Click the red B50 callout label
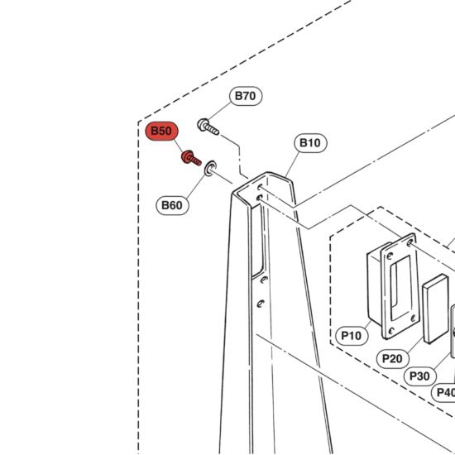(161, 131)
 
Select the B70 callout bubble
(246, 96)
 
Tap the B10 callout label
(310, 143)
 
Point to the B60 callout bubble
(172, 205)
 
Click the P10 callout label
(352, 336)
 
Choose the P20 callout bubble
(393, 359)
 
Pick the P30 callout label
(420, 376)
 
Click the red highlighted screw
(191, 158)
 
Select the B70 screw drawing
(208, 127)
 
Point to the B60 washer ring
(210, 168)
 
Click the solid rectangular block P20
(435, 309)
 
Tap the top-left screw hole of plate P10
(390, 256)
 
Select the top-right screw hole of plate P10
(409, 242)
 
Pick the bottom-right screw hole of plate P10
(413, 318)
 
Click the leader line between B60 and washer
(195, 188)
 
